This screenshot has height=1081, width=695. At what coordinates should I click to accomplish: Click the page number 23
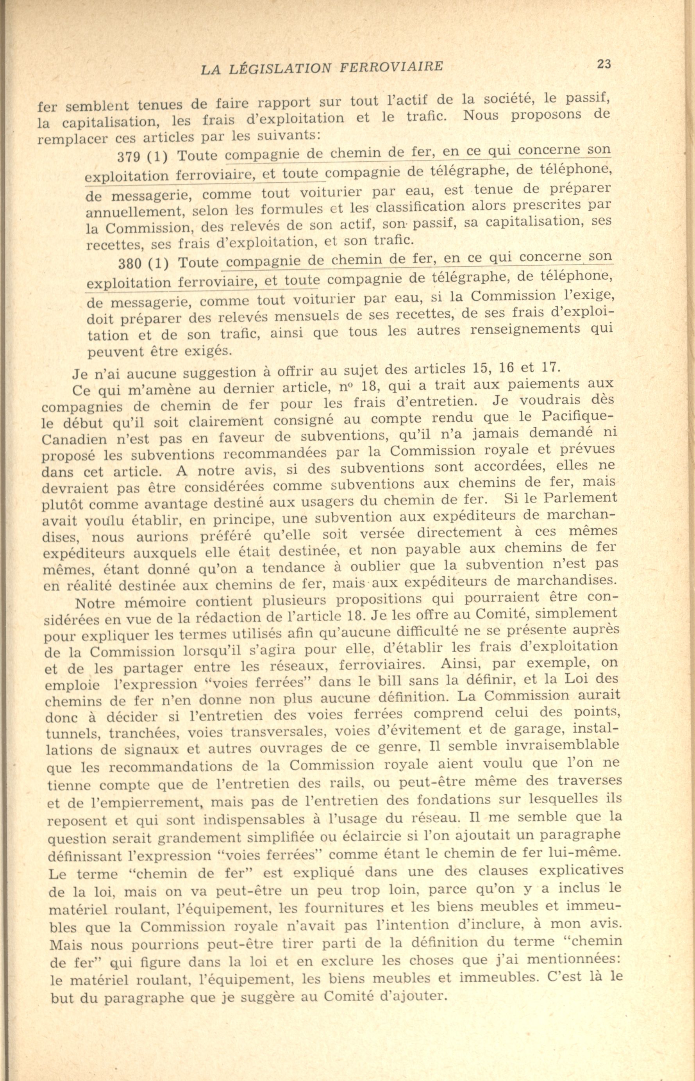point(604,64)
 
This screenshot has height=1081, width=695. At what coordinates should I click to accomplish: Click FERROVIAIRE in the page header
point(391,67)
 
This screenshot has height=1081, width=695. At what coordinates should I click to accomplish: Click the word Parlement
point(579,498)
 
